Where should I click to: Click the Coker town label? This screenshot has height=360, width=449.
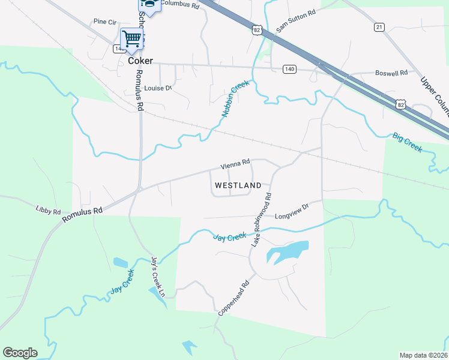pos(140,61)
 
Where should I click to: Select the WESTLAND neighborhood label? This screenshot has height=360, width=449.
pos(238,185)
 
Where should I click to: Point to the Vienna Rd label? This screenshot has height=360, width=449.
pos(235,163)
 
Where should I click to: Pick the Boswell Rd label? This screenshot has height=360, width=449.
pos(391,73)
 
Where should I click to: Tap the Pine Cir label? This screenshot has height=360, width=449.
pos(104,22)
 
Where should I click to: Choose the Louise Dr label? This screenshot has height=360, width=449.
pos(158,88)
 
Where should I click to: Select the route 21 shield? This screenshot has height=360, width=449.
pos(379,27)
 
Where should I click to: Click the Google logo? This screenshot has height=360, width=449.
pos(20,353)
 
